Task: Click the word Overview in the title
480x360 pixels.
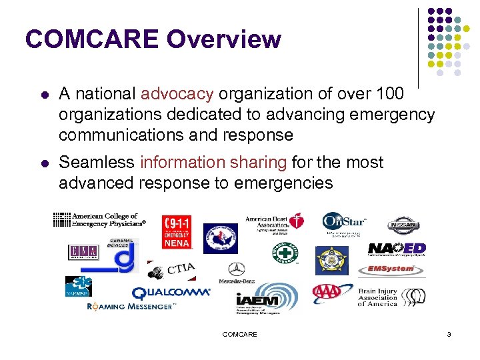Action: [224, 39]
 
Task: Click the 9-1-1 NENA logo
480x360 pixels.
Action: [177, 231]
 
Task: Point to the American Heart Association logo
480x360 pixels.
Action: [275, 223]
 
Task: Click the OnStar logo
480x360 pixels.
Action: [344, 223]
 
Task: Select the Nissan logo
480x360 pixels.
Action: [404, 224]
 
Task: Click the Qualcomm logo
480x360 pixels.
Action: [171, 293]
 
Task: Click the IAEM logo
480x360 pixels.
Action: [266, 299]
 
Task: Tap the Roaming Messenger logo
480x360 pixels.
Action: [131, 307]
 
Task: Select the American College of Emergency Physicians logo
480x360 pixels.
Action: [98, 220]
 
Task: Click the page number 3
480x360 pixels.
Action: [449, 334]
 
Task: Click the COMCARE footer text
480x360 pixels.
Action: [239, 334]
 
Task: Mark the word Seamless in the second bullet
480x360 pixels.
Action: [97, 162]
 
